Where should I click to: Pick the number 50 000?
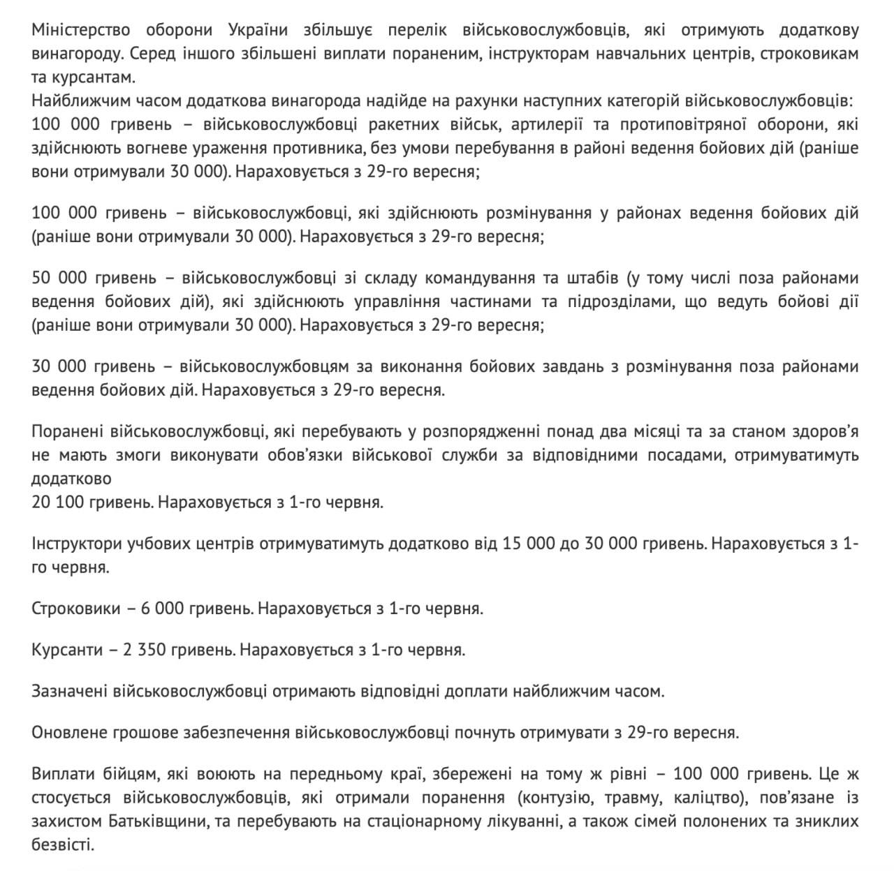(60, 278)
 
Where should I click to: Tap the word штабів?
(589, 278)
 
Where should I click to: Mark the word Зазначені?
(67, 692)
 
